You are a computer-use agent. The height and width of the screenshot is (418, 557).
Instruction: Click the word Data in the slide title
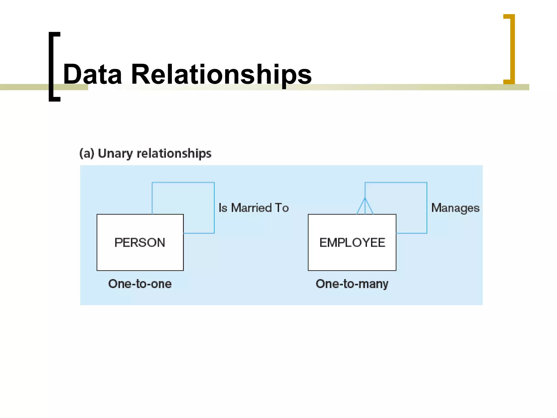click(x=92, y=74)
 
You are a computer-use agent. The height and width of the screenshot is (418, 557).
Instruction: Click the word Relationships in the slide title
click(x=221, y=74)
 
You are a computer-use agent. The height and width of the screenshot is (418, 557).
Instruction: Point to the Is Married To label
click(x=253, y=208)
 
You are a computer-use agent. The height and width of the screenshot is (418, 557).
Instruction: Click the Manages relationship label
click(x=455, y=208)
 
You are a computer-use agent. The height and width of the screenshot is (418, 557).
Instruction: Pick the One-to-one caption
click(x=140, y=284)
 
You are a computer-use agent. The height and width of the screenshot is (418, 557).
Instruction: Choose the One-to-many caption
click(x=352, y=284)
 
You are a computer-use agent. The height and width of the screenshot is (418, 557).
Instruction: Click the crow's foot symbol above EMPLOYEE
click(x=365, y=207)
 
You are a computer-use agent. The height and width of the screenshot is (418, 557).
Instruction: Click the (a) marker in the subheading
click(x=86, y=153)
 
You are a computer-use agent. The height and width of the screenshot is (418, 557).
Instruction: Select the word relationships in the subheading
click(x=174, y=154)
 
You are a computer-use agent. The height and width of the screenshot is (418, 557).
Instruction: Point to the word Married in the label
click(x=252, y=208)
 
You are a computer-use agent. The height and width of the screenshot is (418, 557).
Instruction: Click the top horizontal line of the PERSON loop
click(x=183, y=182)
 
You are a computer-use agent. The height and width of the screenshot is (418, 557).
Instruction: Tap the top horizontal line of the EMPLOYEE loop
click(x=396, y=182)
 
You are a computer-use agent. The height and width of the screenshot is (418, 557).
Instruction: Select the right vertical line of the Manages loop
click(x=427, y=208)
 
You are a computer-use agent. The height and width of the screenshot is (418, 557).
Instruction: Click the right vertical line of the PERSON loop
click(x=214, y=208)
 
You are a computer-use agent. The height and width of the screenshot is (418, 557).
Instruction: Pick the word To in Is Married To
click(x=282, y=208)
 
